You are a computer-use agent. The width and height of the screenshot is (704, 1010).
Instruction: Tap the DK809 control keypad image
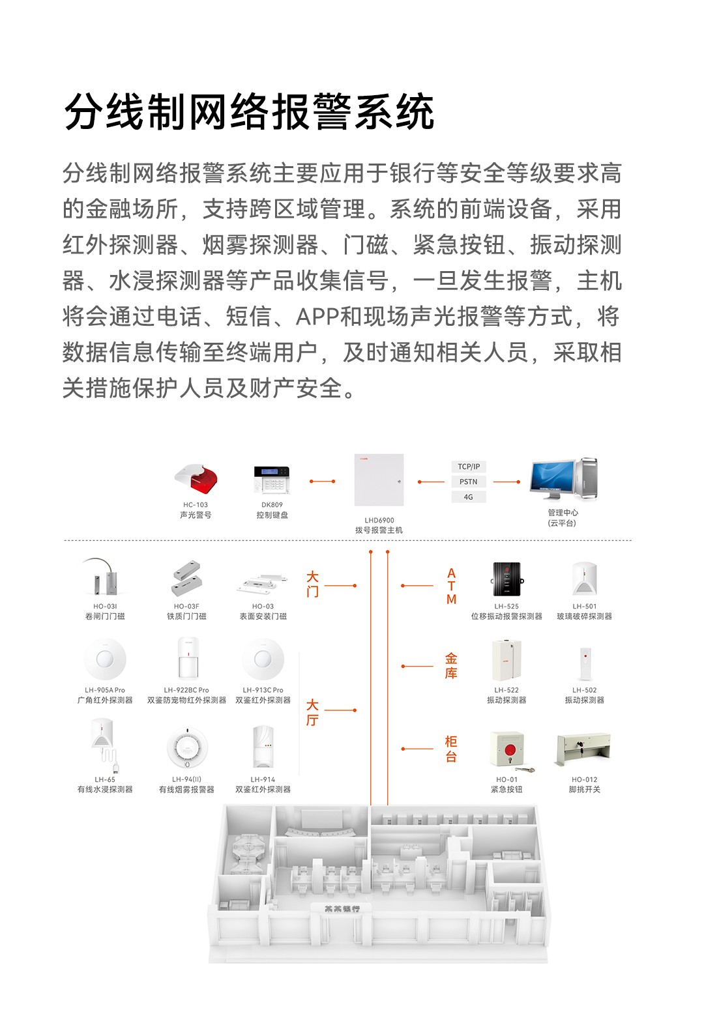271,480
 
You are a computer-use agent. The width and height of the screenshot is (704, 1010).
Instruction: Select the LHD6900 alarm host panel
379,480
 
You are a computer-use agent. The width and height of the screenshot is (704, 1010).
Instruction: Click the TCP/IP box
469,467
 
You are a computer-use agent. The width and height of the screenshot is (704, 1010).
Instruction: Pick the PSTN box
469,482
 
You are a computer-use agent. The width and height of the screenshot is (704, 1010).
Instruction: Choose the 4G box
469,497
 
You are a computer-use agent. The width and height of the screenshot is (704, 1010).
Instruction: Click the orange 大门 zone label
313,584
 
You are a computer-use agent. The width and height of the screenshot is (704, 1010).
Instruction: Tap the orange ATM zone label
451,586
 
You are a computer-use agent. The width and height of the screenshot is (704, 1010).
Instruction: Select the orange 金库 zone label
451,665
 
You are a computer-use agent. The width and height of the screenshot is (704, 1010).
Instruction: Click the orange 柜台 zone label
451,749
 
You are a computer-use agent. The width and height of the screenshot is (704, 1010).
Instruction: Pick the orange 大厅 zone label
313,712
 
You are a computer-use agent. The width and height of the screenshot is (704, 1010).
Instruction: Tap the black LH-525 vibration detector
506,578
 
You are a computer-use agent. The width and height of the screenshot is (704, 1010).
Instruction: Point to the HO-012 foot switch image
583,749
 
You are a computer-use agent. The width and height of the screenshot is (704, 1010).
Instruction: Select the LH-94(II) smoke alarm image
187,749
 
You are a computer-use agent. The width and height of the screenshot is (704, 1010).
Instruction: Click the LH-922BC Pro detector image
187,659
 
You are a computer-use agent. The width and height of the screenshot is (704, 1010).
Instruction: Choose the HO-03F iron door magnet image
187,578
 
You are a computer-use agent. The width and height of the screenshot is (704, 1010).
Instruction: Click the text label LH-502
584,690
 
